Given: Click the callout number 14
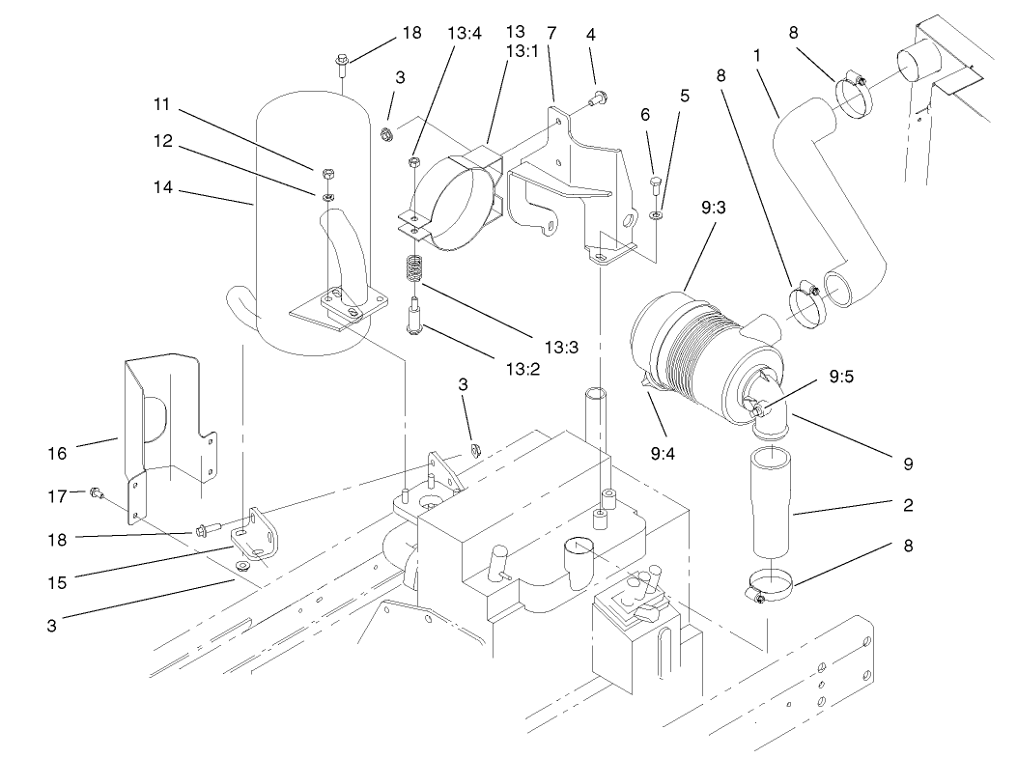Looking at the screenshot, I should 164,189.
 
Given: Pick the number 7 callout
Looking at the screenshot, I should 551,32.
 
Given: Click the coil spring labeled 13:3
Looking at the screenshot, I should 413,267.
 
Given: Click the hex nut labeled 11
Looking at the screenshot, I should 327,174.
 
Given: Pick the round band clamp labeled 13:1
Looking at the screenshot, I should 459,198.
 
